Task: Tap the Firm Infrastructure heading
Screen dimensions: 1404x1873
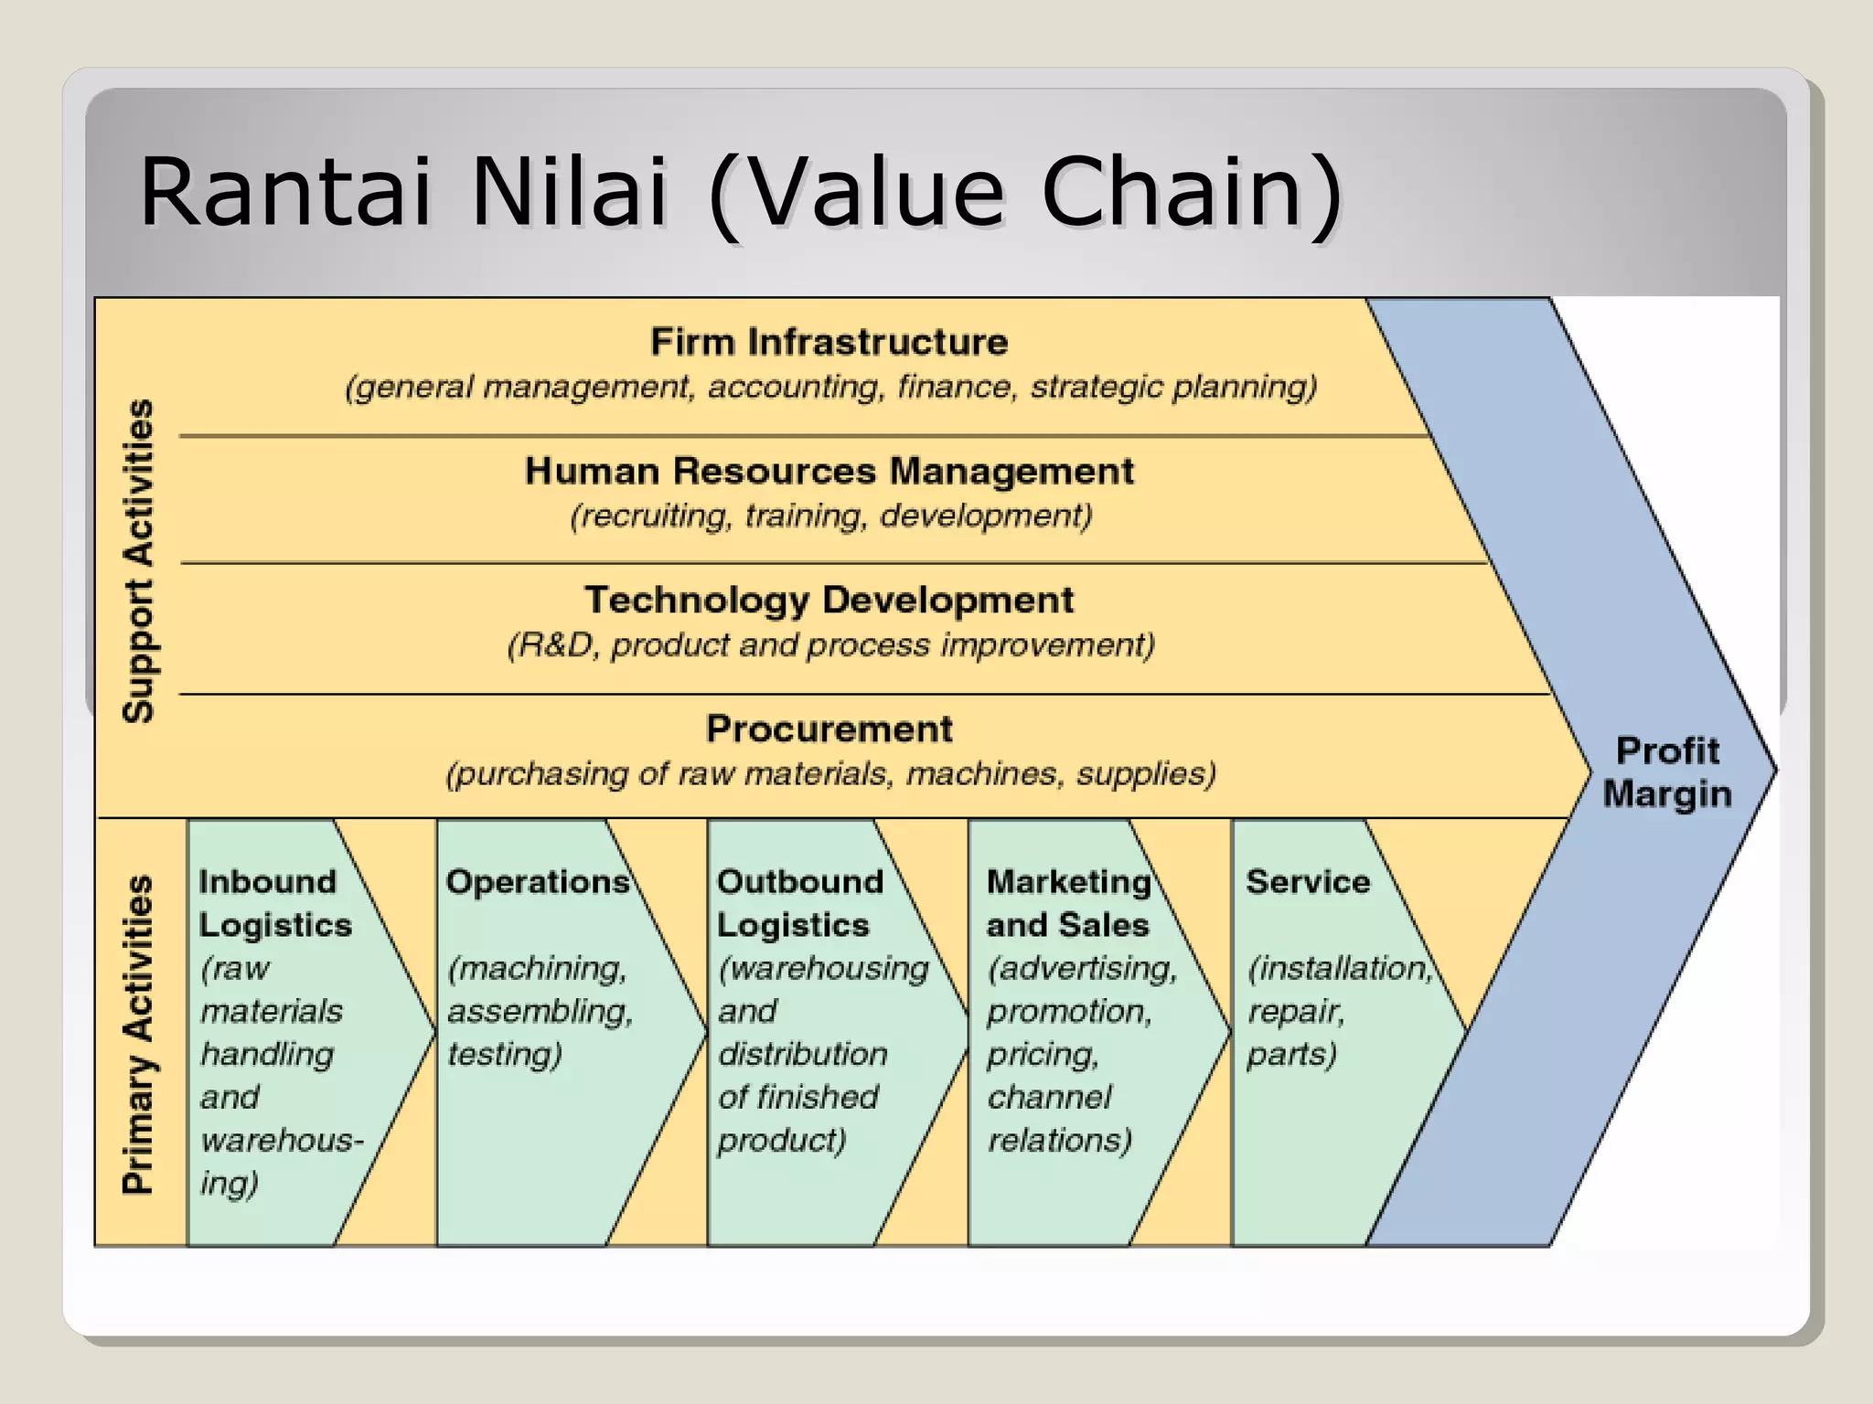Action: pyautogui.click(x=829, y=342)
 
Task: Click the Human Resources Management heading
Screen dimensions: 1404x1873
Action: pyautogui.click(x=829, y=472)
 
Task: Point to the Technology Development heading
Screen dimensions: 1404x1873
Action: pyautogui.click(x=829, y=601)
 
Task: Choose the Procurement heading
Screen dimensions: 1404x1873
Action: pyautogui.click(x=829, y=729)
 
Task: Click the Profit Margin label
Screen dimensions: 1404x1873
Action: pyautogui.click(x=1666, y=772)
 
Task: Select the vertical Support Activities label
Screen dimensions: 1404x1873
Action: pyautogui.click(x=139, y=561)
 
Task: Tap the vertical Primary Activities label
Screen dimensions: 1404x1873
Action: pyautogui.click(x=139, y=1034)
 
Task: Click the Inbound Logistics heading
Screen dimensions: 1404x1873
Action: pyautogui.click(x=274, y=903)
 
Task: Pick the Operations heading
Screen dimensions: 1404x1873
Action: pyautogui.click(x=538, y=882)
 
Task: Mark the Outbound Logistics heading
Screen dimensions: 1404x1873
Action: pyautogui.click(x=799, y=903)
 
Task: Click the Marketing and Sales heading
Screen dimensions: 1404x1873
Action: pyautogui.click(x=1068, y=903)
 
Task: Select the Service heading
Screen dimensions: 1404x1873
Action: pyautogui.click(x=1308, y=882)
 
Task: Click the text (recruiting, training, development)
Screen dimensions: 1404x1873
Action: pyautogui.click(x=830, y=516)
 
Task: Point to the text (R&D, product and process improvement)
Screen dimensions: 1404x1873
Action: pyautogui.click(x=830, y=645)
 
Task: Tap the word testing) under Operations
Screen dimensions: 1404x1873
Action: pyautogui.click(x=504, y=1055)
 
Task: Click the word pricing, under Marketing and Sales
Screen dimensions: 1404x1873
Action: pyautogui.click(x=1043, y=1055)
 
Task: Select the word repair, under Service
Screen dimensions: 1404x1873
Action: pyautogui.click(x=1295, y=1012)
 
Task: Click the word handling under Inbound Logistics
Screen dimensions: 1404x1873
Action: pyautogui.click(x=267, y=1055)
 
